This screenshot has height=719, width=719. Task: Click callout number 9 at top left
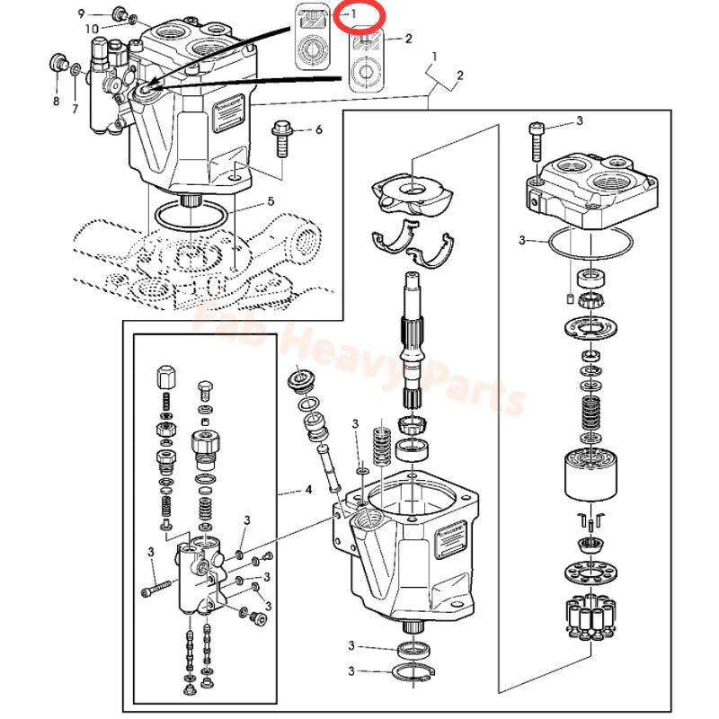(82, 13)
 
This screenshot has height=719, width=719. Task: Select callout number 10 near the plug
(92, 30)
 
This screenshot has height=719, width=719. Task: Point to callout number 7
(75, 109)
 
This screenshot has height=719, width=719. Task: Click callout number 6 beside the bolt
(317, 131)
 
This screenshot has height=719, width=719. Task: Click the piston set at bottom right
(590, 620)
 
